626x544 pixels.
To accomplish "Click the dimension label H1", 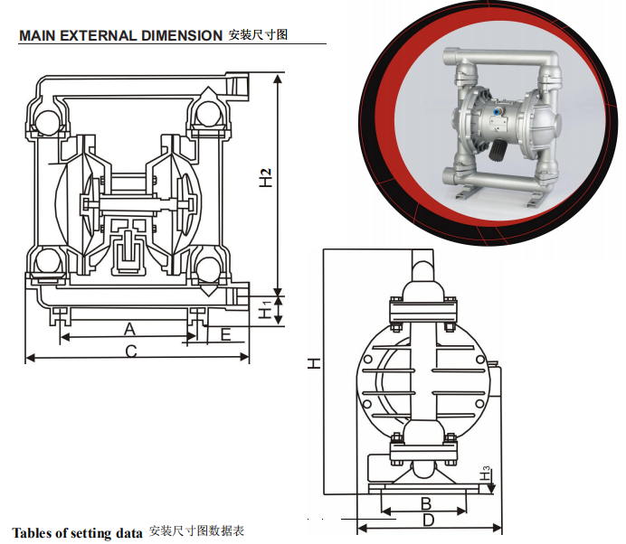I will coord(264,310).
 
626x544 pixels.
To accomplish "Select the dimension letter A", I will coord(129,327).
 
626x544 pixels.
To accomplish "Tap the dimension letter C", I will coord(131,351).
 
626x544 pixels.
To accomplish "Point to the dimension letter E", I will coord(225,334).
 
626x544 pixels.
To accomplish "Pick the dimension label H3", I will coord(486,473).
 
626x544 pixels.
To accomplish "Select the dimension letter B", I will coord(426,502).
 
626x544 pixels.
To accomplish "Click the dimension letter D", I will coord(429,520).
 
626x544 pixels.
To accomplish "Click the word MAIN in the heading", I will coord(37,36).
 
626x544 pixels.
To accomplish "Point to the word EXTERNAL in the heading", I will coord(97,36).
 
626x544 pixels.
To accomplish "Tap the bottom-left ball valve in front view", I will coord(46,264).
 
